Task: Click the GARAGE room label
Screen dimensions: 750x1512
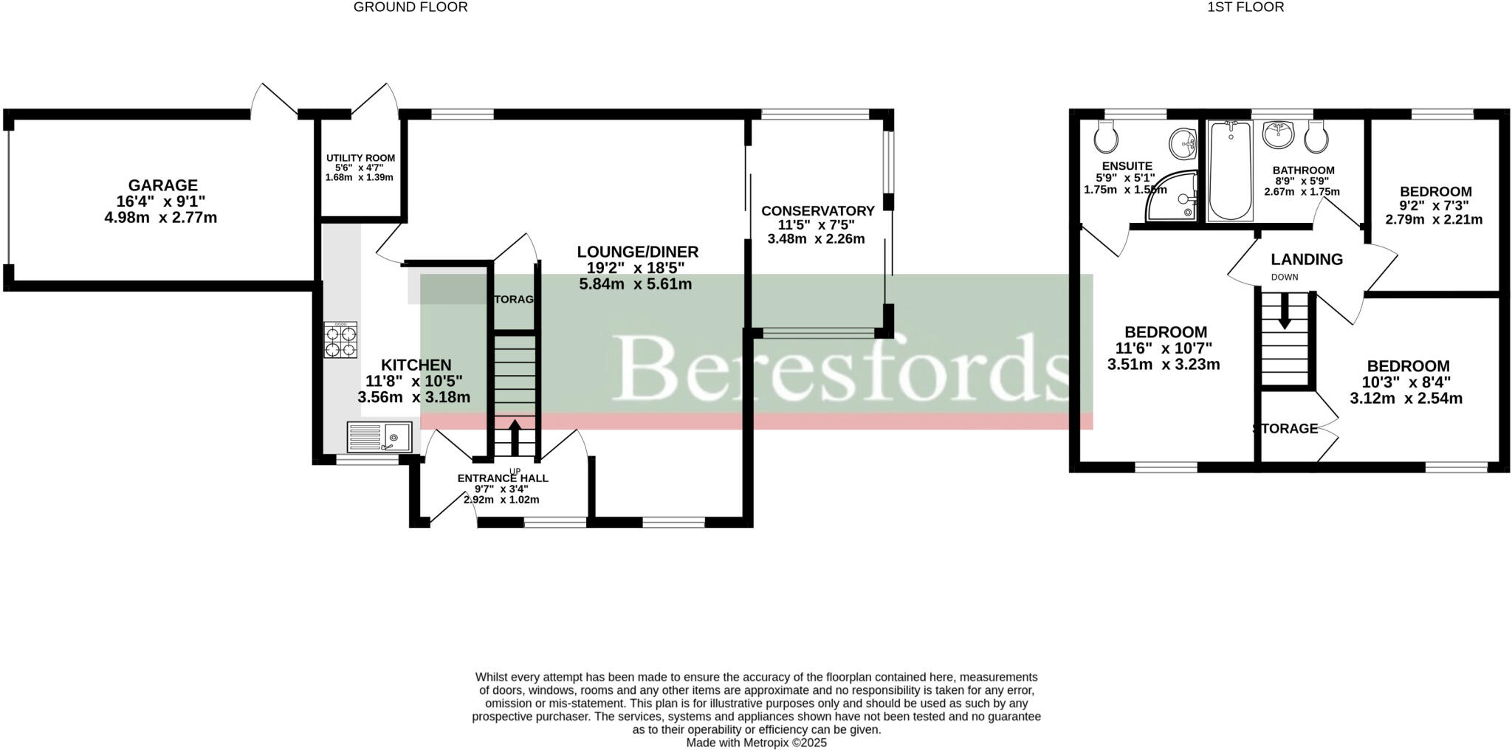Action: (162, 185)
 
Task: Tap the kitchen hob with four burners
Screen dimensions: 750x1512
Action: (340, 340)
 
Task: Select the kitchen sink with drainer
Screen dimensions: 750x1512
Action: (379, 436)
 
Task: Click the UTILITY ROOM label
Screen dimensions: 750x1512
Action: (360, 158)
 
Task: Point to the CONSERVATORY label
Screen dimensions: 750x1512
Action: (817, 211)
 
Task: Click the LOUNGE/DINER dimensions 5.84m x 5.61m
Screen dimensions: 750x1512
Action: (635, 284)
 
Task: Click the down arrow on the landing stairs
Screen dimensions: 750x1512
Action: (1284, 310)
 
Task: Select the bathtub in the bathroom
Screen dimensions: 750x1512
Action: (1230, 171)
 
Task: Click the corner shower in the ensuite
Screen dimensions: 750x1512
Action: (1174, 198)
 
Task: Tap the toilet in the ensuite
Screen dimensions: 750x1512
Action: (1104, 136)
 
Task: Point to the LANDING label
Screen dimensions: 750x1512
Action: (1306, 259)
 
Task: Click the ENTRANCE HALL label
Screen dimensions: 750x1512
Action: (502, 478)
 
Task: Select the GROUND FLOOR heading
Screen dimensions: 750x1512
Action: (410, 7)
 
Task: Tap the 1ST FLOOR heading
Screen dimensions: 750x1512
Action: (1255, 7)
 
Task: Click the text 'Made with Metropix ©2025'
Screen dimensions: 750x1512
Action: (756, 743)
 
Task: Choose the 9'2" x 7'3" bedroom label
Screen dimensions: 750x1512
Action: (1435, 192)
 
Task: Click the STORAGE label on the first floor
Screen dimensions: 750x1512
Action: (1285, 428)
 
